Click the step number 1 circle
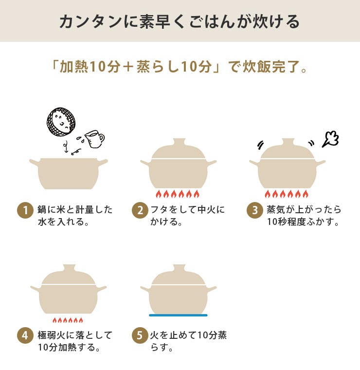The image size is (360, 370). [x=24, y=210]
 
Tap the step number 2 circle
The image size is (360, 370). [x=140, y=210]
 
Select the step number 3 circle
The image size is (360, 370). [x=254, y=210]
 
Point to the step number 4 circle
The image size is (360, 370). [x=24, y=335]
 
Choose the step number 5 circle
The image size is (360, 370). [x=140, y=335]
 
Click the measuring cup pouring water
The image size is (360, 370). [x=94, y=139]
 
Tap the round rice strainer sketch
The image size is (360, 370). [x=61, y=122]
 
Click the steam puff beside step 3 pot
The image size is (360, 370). [x=330, y=140]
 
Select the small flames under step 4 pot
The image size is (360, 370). [x=68, y=320]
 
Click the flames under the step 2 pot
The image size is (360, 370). [x=178, y=194]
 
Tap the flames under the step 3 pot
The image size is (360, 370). [x=287, y=194]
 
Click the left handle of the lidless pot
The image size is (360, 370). [x=34, y=162]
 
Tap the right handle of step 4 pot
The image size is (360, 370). [x=101, y=289]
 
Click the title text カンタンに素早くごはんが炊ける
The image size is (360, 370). [x=180, y=21]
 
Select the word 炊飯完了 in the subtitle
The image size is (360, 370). [x=270, y=67]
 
